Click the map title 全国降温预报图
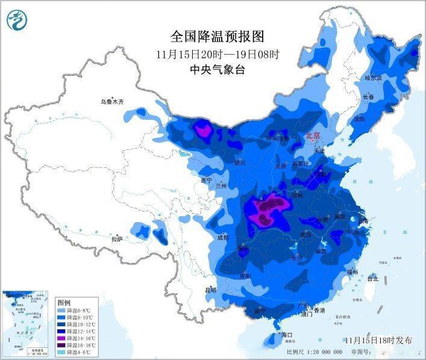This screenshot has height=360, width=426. click(214, 37)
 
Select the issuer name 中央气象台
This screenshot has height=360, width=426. click(214, 69)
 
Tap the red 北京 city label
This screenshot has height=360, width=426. click(313, 137)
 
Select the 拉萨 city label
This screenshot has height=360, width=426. click(116, 239)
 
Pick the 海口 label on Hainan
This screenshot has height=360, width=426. click(286, 335)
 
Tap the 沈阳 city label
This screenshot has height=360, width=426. click(360, 119)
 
